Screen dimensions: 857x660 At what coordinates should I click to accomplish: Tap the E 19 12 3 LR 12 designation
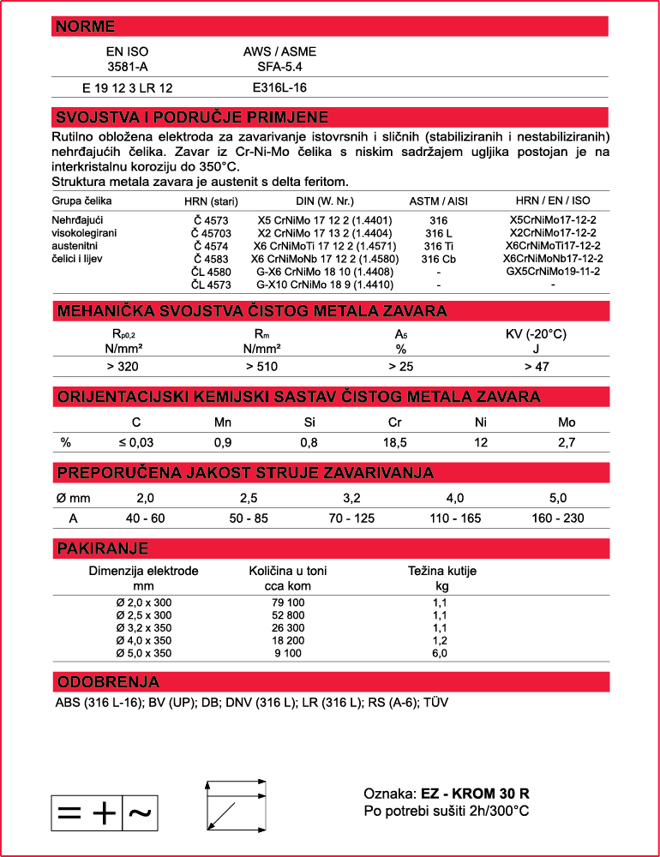pyautogui.click(x=128, y=87)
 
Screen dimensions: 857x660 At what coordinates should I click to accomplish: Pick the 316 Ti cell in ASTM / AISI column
pyautogui.click(x=439, y=246)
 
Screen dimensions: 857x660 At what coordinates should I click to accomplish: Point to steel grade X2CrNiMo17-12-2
pyautogui.click(x=552, y=233)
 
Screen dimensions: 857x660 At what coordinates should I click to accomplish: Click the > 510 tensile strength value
pyautogui.click(x=262, y=367)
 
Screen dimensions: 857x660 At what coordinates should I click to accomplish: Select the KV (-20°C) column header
pyautogui.click(x=537, y=334)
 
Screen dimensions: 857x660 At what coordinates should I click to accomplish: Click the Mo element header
pyautogui.click(x=567, y=422)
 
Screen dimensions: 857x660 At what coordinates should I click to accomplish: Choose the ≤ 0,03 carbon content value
pyautogui.click(x=136, y=442)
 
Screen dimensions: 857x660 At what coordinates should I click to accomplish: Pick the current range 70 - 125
pyautogui.click(x=352, y=518)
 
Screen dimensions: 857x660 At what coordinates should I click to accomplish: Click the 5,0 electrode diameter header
pyautogui.click(x=558, y=498)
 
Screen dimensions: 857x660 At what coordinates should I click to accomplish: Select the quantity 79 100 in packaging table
pyautogui.click(x=288, y=603)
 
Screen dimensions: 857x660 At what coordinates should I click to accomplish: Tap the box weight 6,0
pyautogui.click(x=440, y=653)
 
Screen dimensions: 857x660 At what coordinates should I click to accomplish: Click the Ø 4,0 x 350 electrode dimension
pyautogui.click(x=144, y=640)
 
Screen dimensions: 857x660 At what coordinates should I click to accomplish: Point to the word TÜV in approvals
pyautogui.click(x=436, y=703)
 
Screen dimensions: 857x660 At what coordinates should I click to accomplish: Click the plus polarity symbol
pyautogui.click(x=103, y=813)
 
